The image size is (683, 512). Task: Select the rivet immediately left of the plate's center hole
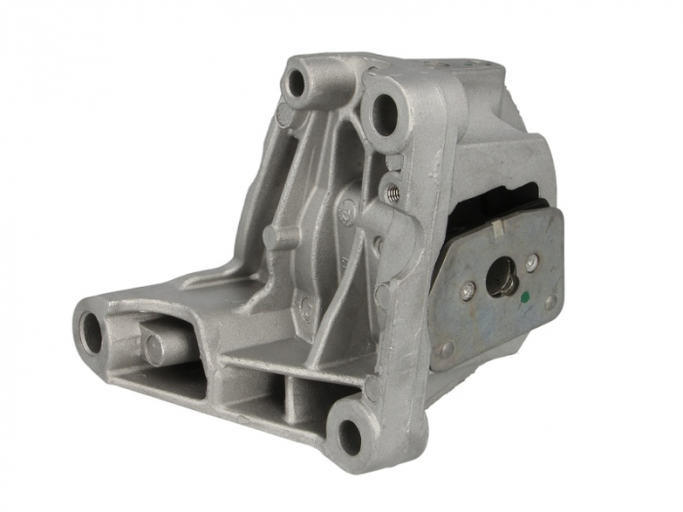click(x=469, y=290)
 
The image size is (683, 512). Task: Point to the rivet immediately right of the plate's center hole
click(x=532, y=262)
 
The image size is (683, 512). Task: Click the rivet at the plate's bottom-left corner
click(x=447, y=348)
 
